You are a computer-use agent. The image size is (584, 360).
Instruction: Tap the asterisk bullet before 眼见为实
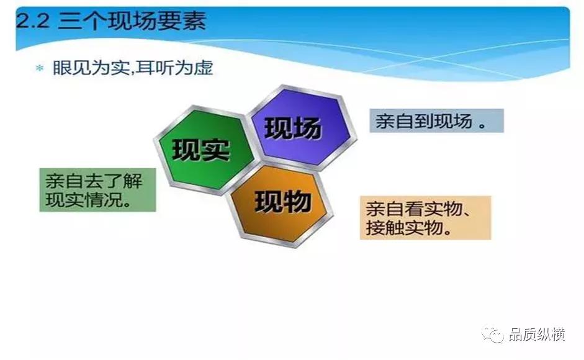tap(40, 69)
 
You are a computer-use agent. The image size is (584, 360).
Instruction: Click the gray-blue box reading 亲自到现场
tap(436, 121)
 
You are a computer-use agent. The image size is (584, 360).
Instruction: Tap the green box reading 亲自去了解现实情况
tap(97, 190)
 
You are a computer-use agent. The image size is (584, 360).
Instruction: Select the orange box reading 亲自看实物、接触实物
tap(425, 218)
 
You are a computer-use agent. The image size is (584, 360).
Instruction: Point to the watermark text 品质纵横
tap(537, 335)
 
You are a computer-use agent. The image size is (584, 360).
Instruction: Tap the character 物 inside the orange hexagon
tap(297, 202)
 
